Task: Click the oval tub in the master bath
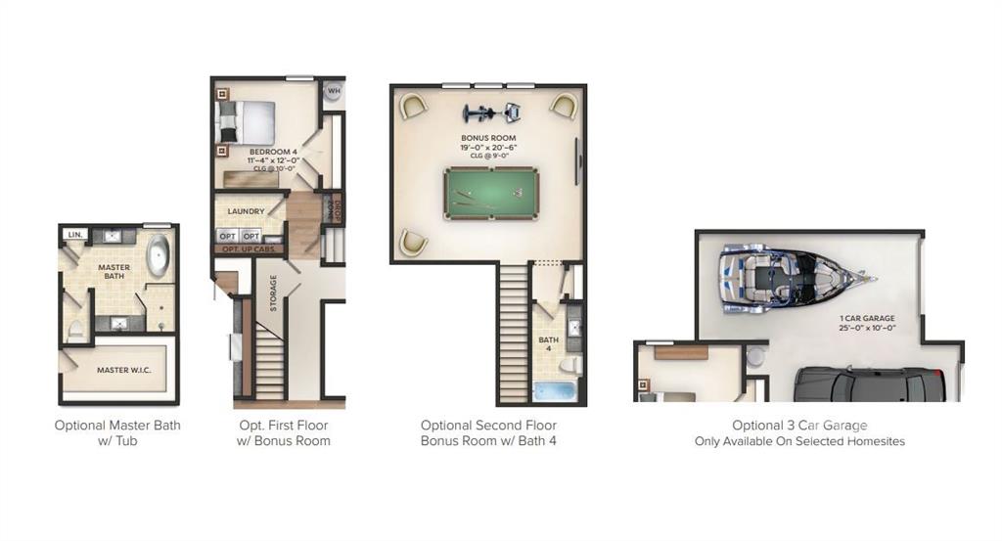(158, 257)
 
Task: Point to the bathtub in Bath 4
(557, 392)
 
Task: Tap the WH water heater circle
(334, 91)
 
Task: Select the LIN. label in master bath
(73, 235)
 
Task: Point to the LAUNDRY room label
(246, 211)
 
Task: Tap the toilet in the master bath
(75, 331)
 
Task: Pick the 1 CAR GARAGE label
(867, 318)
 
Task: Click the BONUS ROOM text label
(488, 138)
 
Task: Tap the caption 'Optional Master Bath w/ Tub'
(117, 432)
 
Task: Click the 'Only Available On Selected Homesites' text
(799, 441)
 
